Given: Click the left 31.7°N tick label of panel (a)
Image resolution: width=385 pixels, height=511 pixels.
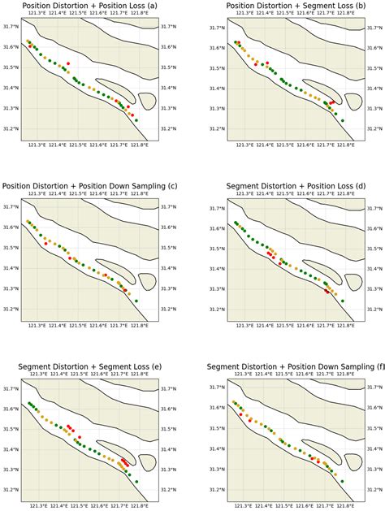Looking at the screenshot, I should point(11,28).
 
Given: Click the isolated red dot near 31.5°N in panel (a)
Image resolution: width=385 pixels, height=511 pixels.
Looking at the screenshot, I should point(68,63).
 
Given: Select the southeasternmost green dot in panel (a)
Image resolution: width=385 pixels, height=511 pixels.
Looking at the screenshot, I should point(136,120).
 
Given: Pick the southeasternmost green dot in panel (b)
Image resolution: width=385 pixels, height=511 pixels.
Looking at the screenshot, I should point(343,120).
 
